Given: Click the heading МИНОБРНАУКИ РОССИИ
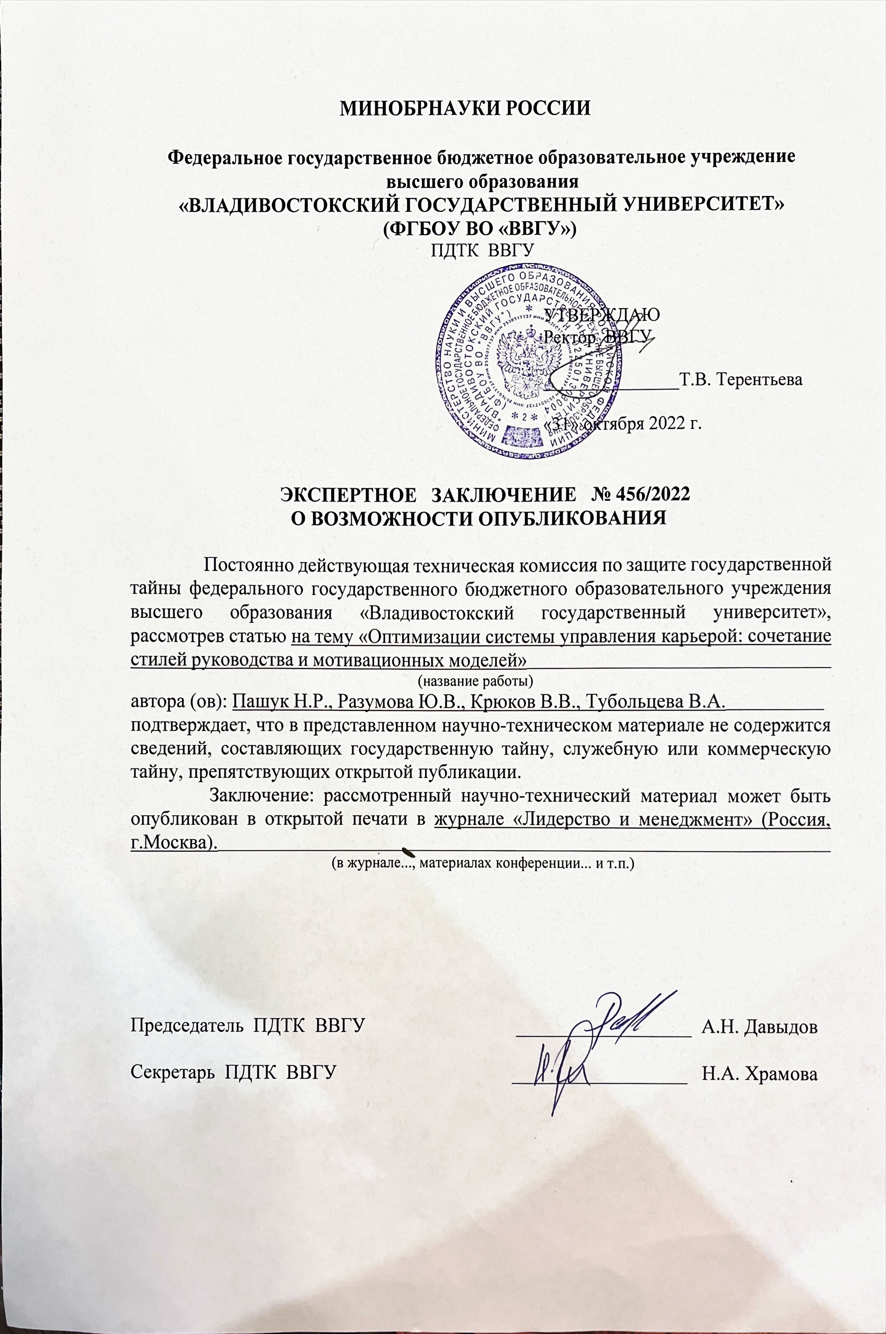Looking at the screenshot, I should pos(465,108).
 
